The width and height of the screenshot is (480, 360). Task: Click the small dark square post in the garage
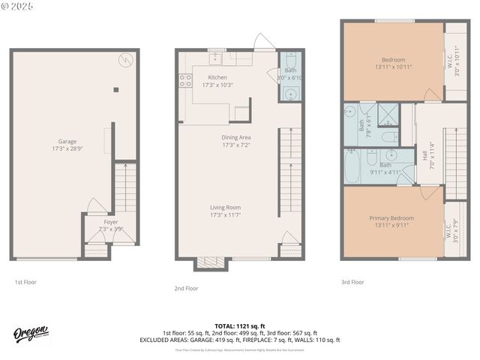[115, 90]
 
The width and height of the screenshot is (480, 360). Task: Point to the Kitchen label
[217, 77]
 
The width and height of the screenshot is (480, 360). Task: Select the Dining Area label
[235, 137]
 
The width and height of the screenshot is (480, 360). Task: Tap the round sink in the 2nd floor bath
[291, 94]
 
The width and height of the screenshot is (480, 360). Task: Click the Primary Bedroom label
[391, 218]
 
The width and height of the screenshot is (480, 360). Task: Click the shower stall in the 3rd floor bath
[388, 114]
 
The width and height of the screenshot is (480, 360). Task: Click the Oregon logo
[31, 334]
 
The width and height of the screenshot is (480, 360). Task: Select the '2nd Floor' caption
[186, 288]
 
